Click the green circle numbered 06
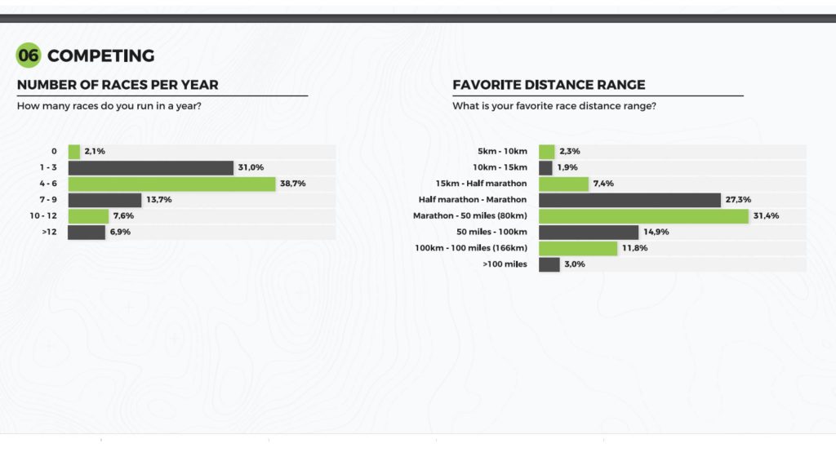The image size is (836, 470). (29, 55)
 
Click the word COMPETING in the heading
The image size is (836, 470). (100, 55)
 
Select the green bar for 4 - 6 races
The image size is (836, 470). (171, 184)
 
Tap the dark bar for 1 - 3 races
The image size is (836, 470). (150, 168)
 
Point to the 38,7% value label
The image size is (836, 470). (292, 184)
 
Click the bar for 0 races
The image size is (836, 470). (73, 152)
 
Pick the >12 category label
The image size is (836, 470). (51, 233)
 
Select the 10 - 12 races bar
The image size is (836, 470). (87, 216)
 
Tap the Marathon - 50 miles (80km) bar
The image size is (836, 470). (643, 216)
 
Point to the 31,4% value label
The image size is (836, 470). (765, 216)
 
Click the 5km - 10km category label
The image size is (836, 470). (502, 152)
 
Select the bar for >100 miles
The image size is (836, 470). (549, 264)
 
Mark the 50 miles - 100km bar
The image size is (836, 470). (588, 233)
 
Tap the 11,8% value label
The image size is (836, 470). (634, 248)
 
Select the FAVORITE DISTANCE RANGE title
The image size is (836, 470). (549, 85)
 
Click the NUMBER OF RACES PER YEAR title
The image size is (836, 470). (118, 85)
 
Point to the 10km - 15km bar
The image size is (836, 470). (545, 168)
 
